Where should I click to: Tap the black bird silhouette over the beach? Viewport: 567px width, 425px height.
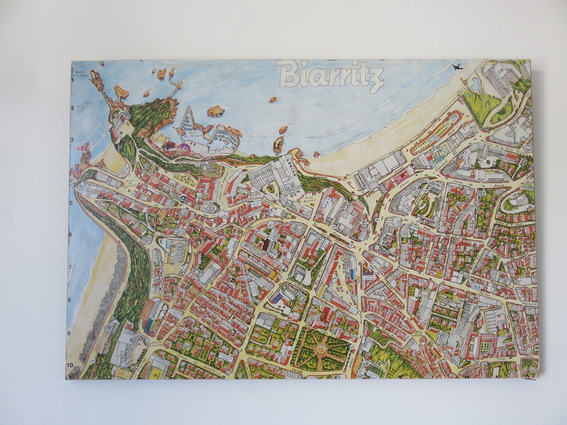click(457, 67)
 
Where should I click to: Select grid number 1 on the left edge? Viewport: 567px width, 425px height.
click(73, 80)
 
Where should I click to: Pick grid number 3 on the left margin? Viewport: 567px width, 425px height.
click(72, 140)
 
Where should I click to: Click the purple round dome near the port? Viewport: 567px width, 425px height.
click(184, 147)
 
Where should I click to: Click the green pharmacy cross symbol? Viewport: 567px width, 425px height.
click(284, 267)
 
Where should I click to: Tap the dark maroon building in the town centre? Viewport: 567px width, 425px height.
click(266, 245)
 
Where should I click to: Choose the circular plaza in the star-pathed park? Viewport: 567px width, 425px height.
click(321, 348)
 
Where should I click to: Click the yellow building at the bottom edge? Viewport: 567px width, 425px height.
click(157, 373)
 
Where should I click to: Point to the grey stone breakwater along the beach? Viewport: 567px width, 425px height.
click(113, 294)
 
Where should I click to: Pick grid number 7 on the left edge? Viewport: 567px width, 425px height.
click(69, 267)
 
